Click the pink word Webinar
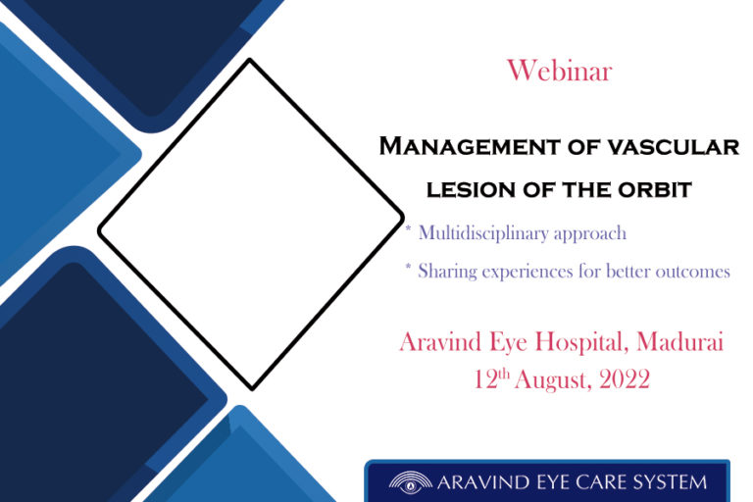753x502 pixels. (560, 71)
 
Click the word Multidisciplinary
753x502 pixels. (483, 233)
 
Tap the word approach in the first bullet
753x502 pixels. (590, 234)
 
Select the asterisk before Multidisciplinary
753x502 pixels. (408, 228)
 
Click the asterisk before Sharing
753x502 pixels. (408, 267)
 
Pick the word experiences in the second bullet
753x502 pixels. (527, 273)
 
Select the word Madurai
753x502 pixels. (680, 342)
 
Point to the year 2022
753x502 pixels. (625, 379)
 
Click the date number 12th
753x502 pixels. (491, 379)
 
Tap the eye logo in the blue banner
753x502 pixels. (410, 482)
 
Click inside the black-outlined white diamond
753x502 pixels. (251, 225)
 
